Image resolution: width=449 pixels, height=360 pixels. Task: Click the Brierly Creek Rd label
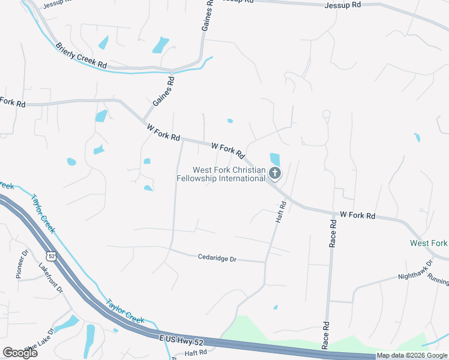click(x=81, y=56)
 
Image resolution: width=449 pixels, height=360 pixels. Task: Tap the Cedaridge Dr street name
click(x=217, y=259)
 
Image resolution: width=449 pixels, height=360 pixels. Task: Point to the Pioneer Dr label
click(x=22, y=264)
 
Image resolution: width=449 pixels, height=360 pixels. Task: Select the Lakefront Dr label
click(x=51, y=277)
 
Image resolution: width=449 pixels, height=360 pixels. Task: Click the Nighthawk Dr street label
click(x=415, y=271)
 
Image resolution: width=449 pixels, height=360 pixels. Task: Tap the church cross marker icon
click(x=275, y=174)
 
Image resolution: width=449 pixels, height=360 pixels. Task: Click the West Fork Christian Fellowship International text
click(x=221, y=174)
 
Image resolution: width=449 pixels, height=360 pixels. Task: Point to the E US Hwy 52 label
click(x=182, y=339)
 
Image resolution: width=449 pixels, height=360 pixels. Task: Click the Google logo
click(x=20, y=352)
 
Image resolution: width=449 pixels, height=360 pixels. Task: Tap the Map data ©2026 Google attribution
click(x=412, y=355)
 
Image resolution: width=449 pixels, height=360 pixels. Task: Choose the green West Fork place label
click(x=428, y=243)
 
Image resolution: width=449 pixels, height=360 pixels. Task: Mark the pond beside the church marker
click(x=275, y=159)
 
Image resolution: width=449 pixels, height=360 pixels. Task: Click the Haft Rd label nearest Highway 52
click(x=196, y=352)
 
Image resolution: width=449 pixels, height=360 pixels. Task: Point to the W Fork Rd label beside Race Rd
click(x=357, y=215)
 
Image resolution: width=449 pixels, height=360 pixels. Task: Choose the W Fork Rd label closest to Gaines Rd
click(x=163, y=133)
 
